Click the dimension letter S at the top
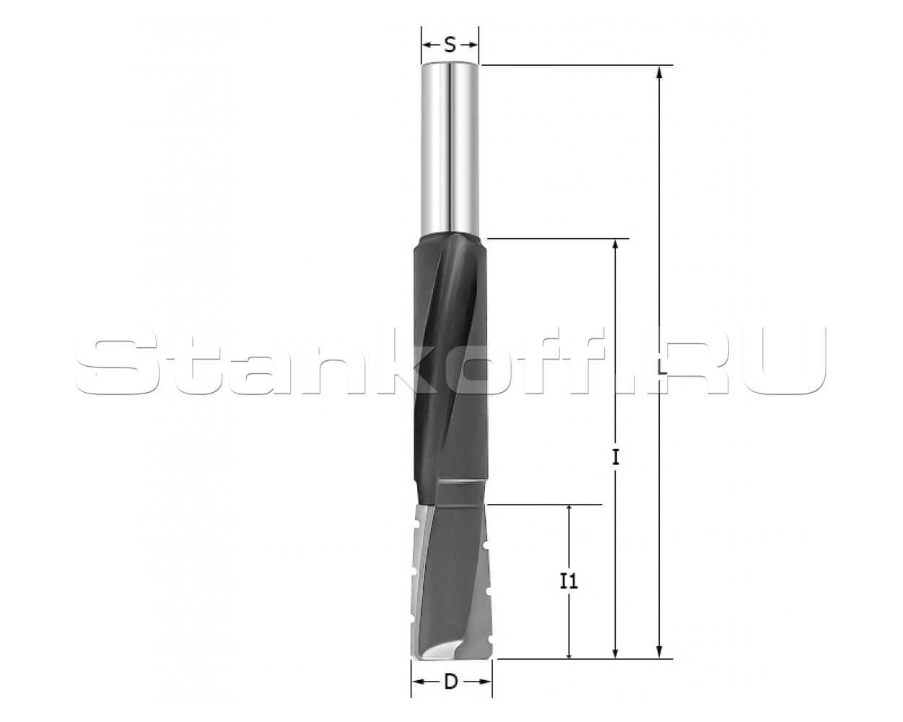[450, 45]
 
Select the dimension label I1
[569, 582]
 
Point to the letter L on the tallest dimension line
[662, 367]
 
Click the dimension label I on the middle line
[616, 458]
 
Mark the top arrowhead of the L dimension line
[659, 73]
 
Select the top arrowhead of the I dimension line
[616, 246]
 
